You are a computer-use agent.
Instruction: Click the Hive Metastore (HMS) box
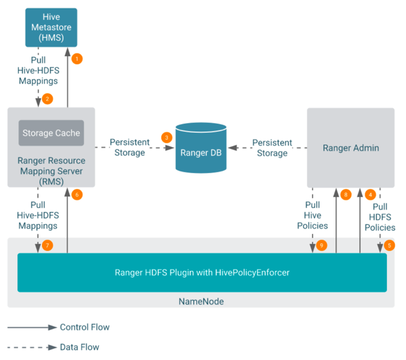click(x=51, y=27)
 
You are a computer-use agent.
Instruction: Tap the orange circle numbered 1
click(x=77, y=59)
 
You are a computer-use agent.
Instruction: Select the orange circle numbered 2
click(x=48, y=98)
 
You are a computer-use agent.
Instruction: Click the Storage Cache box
click(x=51, y=133)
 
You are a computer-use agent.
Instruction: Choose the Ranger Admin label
click(x=350, y=148)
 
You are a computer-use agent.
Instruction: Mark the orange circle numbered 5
click(x=389, y=245)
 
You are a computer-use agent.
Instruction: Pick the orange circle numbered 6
click(x=77, y=194)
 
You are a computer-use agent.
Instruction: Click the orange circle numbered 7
click(x=48, y=246)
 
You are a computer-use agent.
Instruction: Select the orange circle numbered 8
click(x=345, y=194)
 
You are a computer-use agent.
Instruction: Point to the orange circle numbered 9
click(x=321, y=246)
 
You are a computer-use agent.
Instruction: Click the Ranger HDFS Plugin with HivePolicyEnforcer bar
click(x=201, y=272)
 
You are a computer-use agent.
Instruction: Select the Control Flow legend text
click(x=85, y=327)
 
